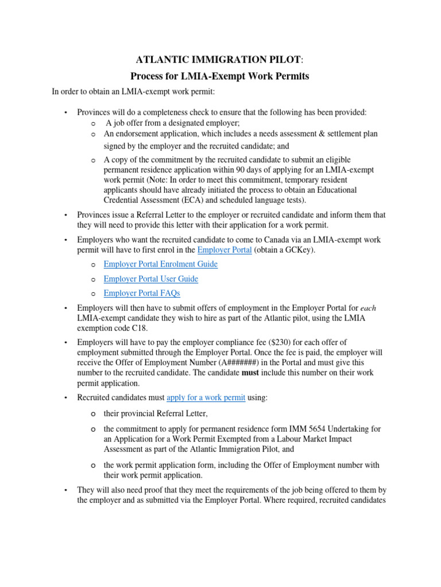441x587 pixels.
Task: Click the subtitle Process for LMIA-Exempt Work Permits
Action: pyautogui.click(x=220, y=76)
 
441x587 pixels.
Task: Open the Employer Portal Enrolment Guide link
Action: pyautogui.click(x=160, y=264)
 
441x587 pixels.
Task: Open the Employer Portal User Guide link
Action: pyautogui.click(x=150, y=279)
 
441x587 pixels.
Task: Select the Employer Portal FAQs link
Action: pyautogui.click(x=142, y=293)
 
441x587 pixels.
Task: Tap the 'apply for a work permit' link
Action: pyautogui.click(x=206, y=398)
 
